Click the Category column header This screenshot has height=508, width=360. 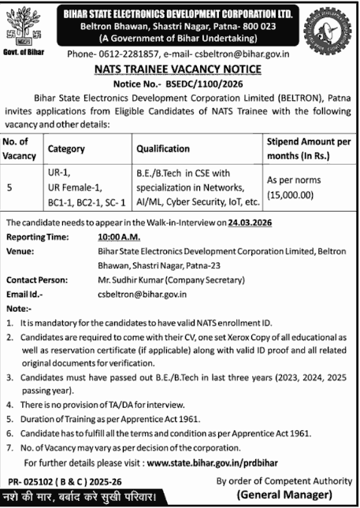(x=67, y=148)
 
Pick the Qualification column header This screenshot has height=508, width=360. (x=163, y=148)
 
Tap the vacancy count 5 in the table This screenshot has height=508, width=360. (x=9, y=187)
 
